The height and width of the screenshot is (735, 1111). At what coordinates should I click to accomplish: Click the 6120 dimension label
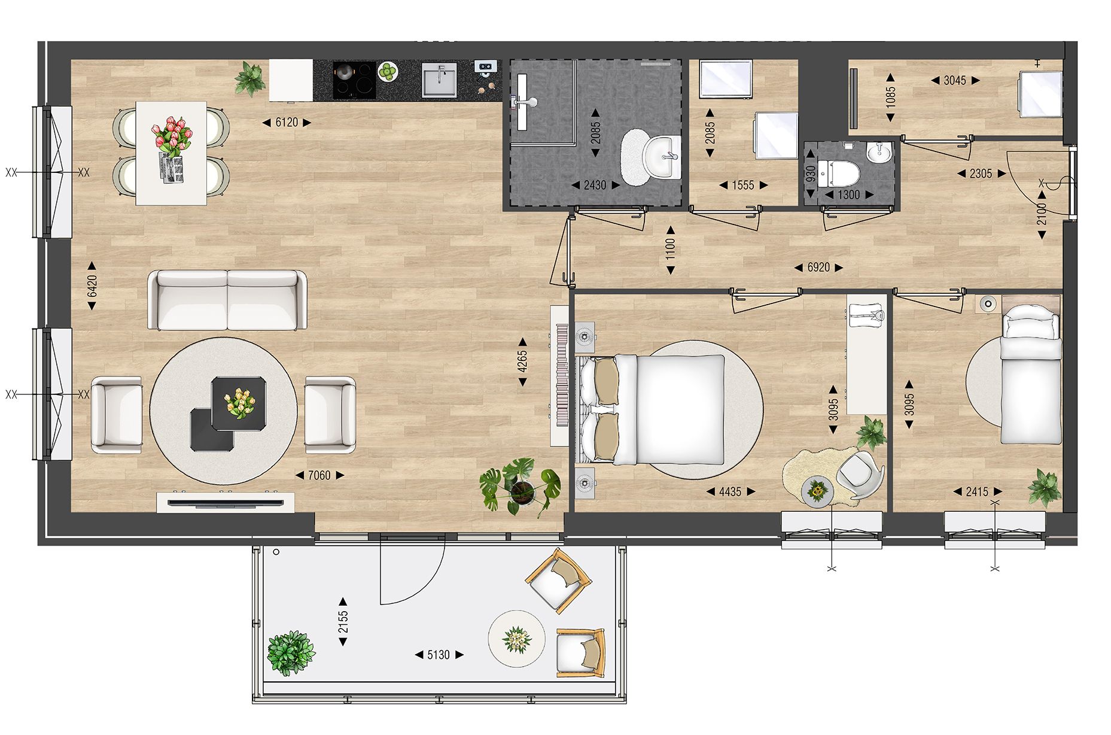[287, 123]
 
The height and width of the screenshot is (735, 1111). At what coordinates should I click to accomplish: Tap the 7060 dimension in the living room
[319, 475]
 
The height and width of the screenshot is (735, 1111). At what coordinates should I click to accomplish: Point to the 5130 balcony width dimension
[438, 655]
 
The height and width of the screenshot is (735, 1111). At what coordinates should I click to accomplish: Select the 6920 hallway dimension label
[818, 268]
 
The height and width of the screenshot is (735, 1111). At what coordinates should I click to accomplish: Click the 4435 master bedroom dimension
[730, 492]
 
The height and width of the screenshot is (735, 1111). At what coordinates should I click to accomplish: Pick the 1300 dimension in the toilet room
[848, 195]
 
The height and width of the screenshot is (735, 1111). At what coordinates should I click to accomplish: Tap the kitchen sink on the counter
[439, 81]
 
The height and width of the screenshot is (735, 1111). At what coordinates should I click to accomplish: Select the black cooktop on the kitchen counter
[354, 80]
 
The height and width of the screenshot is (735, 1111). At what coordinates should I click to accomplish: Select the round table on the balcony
[516, 639]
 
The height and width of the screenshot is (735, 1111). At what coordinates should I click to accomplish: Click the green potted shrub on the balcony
[291, 652]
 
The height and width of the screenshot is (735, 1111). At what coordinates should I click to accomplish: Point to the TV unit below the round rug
[226, 502]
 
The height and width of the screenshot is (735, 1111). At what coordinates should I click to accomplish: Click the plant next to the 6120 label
[250, 78]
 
